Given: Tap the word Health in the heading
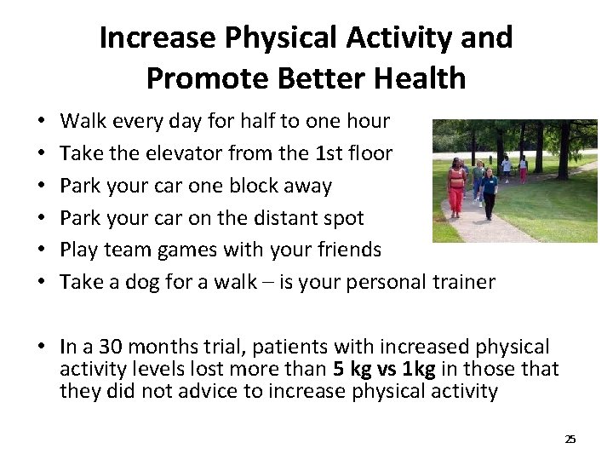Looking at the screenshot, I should point(418,78).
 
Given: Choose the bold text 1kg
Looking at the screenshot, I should point(421,369).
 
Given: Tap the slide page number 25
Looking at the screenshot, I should point(570,439).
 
